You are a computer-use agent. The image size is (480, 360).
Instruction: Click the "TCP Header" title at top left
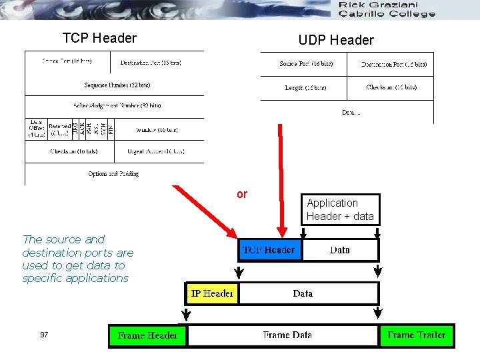pyautogui.click(x=99, y=38)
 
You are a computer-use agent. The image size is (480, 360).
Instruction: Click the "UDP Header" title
pyautogui.click(x=336, y=40)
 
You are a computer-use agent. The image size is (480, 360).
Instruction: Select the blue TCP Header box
pyautogui.click(x=269, y=250)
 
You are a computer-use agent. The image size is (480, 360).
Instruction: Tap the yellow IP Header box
pyautogui.click(x=212, y=293)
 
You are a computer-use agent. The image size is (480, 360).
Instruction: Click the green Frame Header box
pyautogui.click(x=147, y=335)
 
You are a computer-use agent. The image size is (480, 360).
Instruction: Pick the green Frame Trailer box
pyautogui.click(x=417, y=335)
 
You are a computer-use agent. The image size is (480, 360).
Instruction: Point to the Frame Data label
pyautogui.click(x=287, y=335)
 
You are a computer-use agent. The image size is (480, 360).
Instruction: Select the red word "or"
pyautogui.click(x=241, y=194)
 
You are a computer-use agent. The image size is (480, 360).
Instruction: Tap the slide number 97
pyautogui.click(x=44, y=335)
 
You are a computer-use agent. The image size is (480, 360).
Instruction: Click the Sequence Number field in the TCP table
pyautogui.click(x=117, y=85)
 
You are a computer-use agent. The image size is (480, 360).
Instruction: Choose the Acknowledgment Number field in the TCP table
pyautogui.click(x=117, y=106)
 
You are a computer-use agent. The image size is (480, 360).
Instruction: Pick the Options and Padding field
pyautogui.click(x=113, y=174)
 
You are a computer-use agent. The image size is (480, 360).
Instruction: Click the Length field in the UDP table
pyautogui.click(x=306, y=87)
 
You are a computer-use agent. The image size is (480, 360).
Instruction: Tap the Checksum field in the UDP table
pyautogui.click(x=391, y=87)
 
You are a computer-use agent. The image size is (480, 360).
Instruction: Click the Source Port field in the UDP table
pyautogui.click(x=306, y=64)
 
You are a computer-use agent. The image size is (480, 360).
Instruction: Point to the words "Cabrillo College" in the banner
pyautogui.click(x=387, y=13)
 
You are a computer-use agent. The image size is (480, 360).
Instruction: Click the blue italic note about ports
pyautogui.click(x=78, y=259)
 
